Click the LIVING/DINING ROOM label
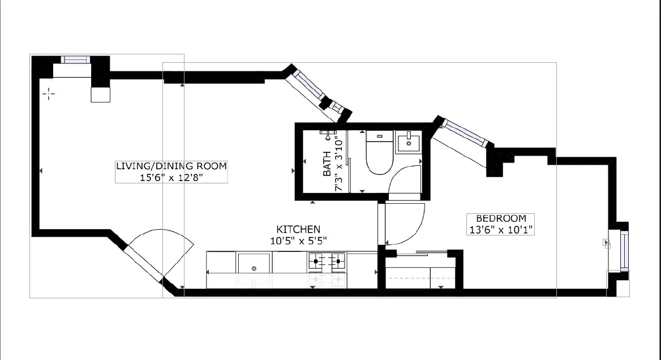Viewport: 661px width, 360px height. (x=171, y=166)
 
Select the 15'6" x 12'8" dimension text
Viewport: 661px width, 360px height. (x=171, y=177)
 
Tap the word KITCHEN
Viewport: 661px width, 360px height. (x=298, y=229)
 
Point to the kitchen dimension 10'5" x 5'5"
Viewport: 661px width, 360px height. (x=298, y=240)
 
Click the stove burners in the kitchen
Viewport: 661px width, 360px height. (x=327, y=262)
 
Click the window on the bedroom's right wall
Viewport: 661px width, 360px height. (x=624, y=250)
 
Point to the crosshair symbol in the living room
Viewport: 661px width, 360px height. (x=49, y=93)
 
